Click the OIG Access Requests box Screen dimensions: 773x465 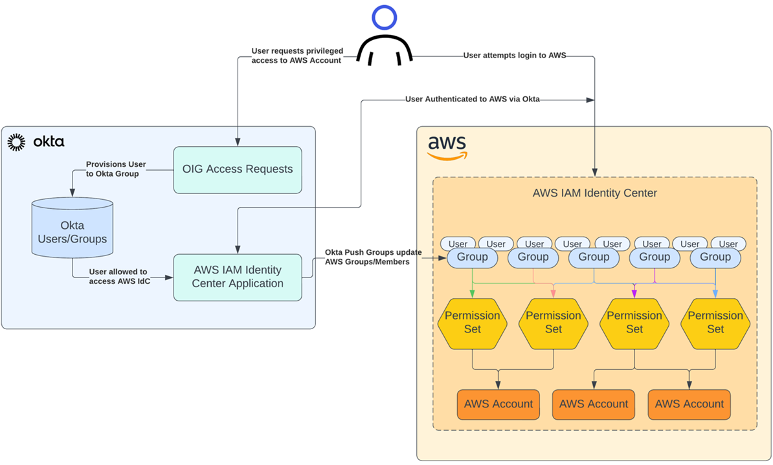(238, 169)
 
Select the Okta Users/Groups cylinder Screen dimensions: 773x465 (73, 228)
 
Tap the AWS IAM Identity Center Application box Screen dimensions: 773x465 (238, 277)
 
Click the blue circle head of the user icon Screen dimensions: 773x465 (384, 17)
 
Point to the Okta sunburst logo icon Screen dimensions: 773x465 (16, 142)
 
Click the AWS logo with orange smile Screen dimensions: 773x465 (447, 147)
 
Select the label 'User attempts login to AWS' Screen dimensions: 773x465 (515, 56)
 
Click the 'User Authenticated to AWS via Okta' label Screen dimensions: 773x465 (472, 99)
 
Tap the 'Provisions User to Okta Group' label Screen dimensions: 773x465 (116, 169)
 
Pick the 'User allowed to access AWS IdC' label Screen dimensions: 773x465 (119, 276)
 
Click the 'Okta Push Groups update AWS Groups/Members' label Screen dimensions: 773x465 (373, 257)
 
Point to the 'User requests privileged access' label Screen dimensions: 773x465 (297, 56)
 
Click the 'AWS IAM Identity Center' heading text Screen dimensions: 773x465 (594, 193)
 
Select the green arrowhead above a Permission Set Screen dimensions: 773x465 (472, 294)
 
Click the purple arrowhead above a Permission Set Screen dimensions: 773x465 (634, 294)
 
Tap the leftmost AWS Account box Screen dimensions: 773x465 (499, 404)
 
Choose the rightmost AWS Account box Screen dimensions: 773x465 (689, 404)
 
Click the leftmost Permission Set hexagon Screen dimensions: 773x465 (472, 323)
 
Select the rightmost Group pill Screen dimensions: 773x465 (715, 257)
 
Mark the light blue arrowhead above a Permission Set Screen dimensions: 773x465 (715, 294)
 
